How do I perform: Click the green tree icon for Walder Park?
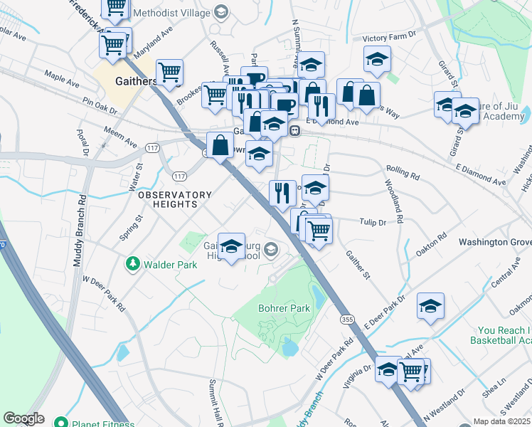(132, 265)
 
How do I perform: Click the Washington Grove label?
(494, 242)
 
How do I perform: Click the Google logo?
(23, 418)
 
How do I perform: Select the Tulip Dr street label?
(372, 222)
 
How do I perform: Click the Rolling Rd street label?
(403, 172)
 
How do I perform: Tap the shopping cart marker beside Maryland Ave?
(113, 45)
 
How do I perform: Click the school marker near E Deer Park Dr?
(430, 306)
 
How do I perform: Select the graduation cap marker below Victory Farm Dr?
(377, 60)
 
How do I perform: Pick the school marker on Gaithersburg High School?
(230, 247)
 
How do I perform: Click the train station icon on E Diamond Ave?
(294, 130)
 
